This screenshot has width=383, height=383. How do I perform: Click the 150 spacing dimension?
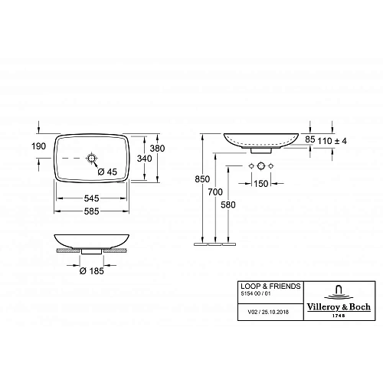point(261,184)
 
